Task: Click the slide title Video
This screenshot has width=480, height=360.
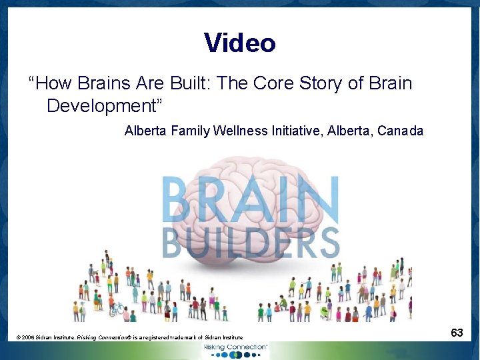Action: click(x=239, y=43)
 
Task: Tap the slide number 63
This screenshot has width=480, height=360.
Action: click(x=457, y=332)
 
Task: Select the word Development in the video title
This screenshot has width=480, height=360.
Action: click(x=101, y=105)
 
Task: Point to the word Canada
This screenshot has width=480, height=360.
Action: click(x=400, y=131)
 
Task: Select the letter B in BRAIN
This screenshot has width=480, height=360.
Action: click(x=180, y=200)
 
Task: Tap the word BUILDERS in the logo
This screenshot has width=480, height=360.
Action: click(x=251, y=243)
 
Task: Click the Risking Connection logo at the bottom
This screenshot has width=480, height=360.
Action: click(x=236, y=350)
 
